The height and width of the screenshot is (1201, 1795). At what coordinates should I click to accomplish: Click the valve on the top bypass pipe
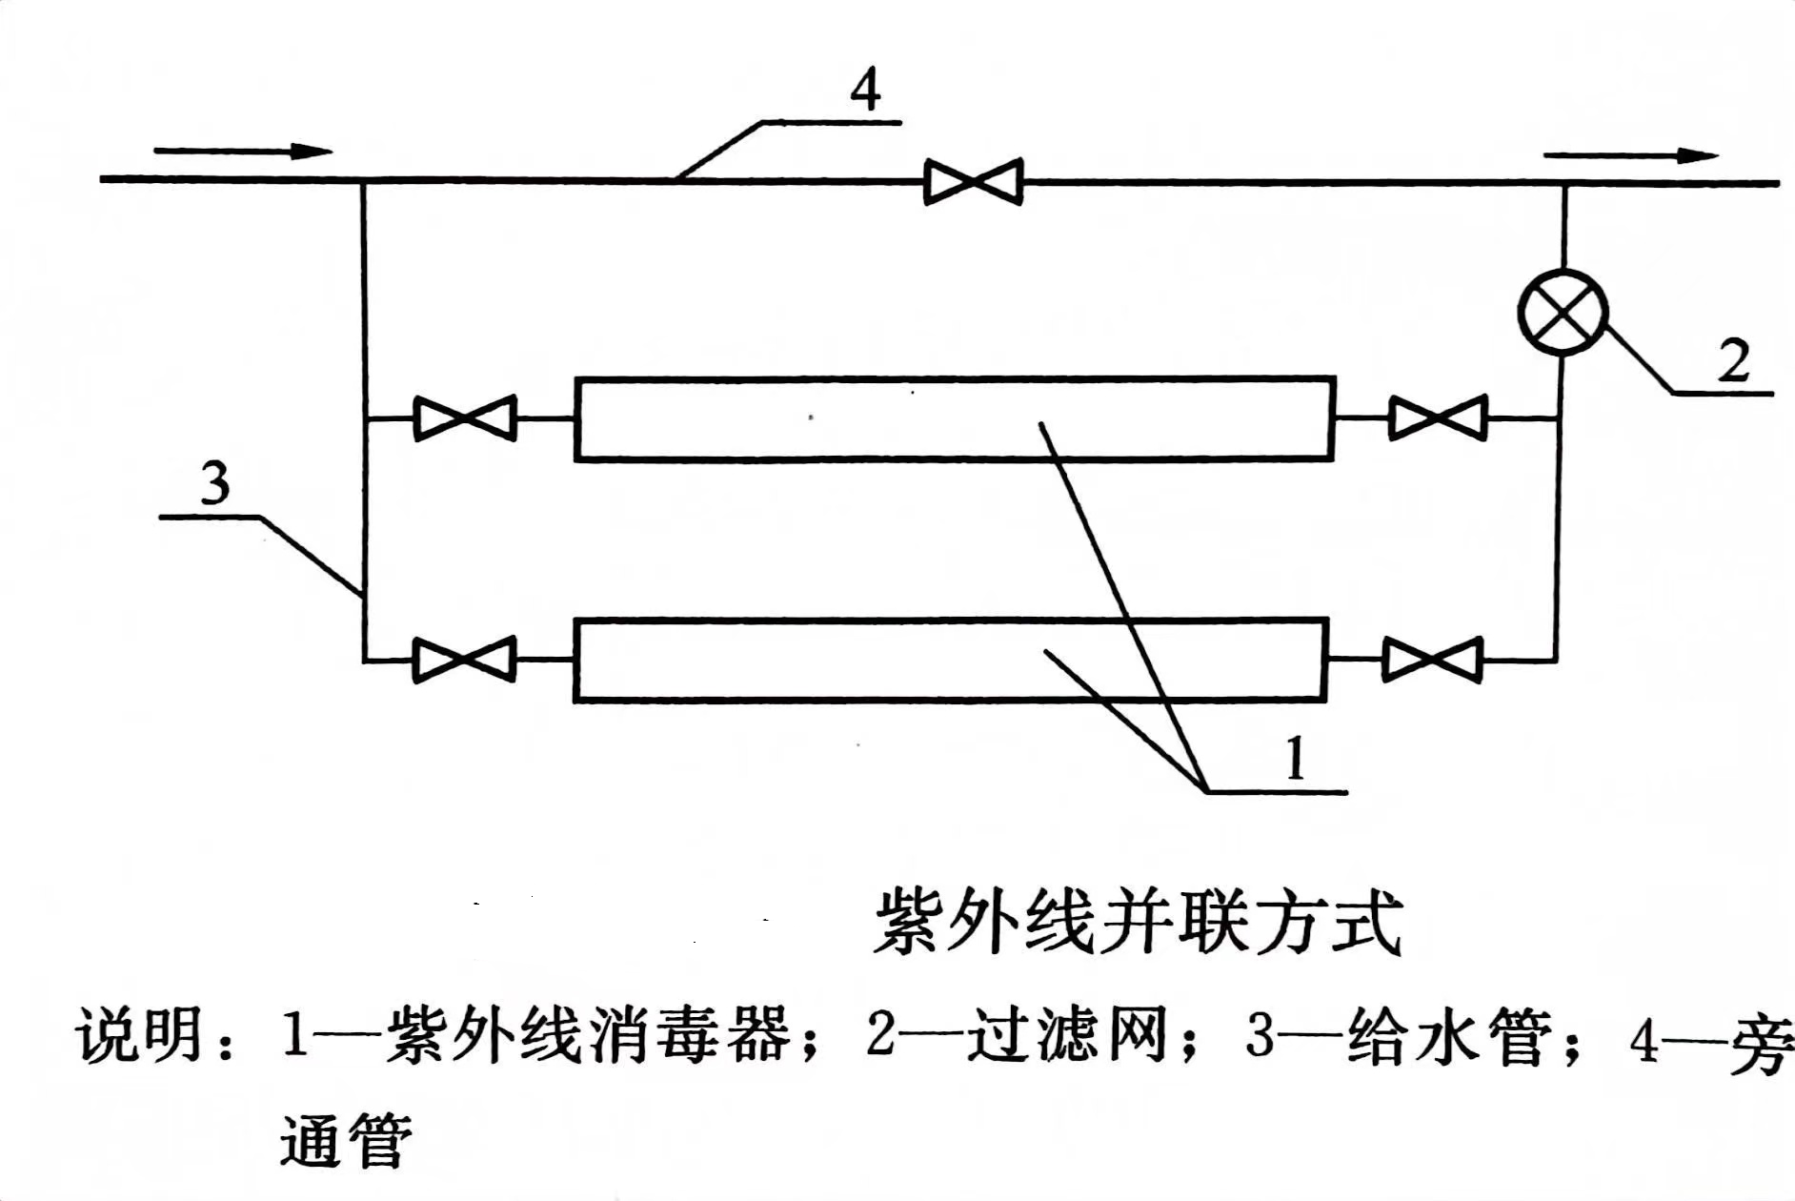973,181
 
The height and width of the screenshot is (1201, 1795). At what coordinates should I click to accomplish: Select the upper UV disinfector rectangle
954,418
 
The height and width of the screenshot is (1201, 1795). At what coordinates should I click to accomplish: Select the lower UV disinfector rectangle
951,661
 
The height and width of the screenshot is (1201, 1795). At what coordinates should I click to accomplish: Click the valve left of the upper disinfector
464,417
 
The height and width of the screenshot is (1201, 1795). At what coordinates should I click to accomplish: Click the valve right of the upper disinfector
1438,417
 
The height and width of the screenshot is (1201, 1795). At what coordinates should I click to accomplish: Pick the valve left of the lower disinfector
464,660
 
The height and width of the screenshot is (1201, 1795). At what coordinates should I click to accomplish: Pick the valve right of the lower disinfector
1432,660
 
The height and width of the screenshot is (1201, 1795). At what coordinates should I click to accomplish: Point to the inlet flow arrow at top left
243,151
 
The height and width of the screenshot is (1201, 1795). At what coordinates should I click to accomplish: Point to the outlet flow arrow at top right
1631,155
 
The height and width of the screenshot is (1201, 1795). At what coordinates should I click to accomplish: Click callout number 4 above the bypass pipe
865,92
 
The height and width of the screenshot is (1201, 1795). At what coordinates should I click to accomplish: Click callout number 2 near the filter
1734,361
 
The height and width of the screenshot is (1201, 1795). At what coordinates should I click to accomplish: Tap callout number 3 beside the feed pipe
215,483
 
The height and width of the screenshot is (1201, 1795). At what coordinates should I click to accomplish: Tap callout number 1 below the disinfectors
1295,760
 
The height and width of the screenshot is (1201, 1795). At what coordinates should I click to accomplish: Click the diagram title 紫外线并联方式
1139,922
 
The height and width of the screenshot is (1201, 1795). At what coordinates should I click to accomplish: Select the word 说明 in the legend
141,1034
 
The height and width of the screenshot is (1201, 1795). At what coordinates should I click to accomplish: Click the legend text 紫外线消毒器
588,1034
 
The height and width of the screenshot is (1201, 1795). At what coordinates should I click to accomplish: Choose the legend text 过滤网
1068,1035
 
